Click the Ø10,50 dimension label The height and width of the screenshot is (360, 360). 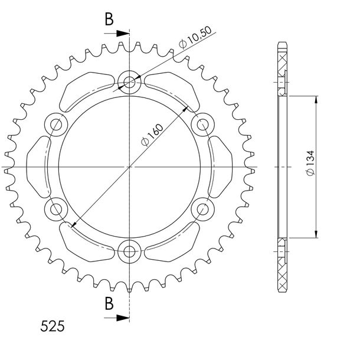[x=195, y=37]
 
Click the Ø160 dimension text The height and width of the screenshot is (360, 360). [x=152, y=135]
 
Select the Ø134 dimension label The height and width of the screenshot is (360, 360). [x=310, y=163]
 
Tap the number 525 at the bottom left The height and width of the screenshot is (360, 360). [x=53, y=326]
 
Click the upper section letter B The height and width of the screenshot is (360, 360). [x=109, y=19]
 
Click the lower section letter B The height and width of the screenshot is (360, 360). [x=109, y=303]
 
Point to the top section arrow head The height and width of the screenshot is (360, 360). [x=123, y=34]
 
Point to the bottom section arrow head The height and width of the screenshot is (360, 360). [x=123, y=318]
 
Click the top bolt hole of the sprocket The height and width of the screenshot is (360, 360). [x=129, y=82]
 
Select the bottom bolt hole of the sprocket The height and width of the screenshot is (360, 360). [x=129, y=251]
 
